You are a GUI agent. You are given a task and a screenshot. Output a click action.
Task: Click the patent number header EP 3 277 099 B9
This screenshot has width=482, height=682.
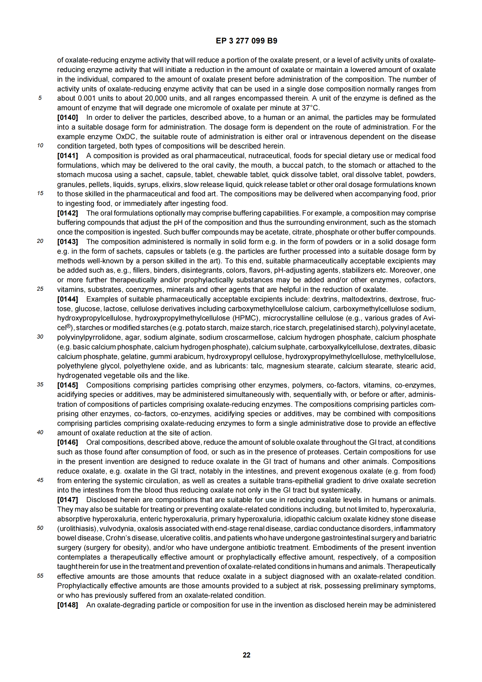point(246,41)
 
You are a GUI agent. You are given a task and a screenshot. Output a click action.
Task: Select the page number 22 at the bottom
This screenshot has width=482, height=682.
point(246,655)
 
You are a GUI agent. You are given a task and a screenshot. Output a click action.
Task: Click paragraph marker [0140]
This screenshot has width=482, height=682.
point(67,118)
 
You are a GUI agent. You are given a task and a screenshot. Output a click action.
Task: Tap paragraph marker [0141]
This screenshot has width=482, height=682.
point(67,156)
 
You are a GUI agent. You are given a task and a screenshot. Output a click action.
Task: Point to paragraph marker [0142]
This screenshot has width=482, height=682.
point(67,213)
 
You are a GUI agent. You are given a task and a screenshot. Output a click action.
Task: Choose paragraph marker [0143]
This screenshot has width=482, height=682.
point(67,242)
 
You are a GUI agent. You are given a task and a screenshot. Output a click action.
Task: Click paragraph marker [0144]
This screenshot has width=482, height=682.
point(67,299)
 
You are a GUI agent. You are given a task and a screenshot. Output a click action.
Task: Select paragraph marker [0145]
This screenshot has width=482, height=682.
point(67,385)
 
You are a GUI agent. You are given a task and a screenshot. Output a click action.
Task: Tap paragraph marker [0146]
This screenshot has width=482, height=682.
point(67,442)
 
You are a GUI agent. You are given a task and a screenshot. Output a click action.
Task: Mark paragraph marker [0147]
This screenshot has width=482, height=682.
point(67,500)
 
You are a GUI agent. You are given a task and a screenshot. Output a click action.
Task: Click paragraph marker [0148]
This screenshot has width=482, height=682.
point(67,605)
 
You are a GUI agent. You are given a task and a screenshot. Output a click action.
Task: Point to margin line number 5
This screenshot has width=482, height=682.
point(40,98)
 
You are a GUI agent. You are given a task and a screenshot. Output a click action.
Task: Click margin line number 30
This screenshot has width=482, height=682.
point(40,336)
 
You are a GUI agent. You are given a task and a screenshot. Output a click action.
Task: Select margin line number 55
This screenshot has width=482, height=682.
point(40,576)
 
